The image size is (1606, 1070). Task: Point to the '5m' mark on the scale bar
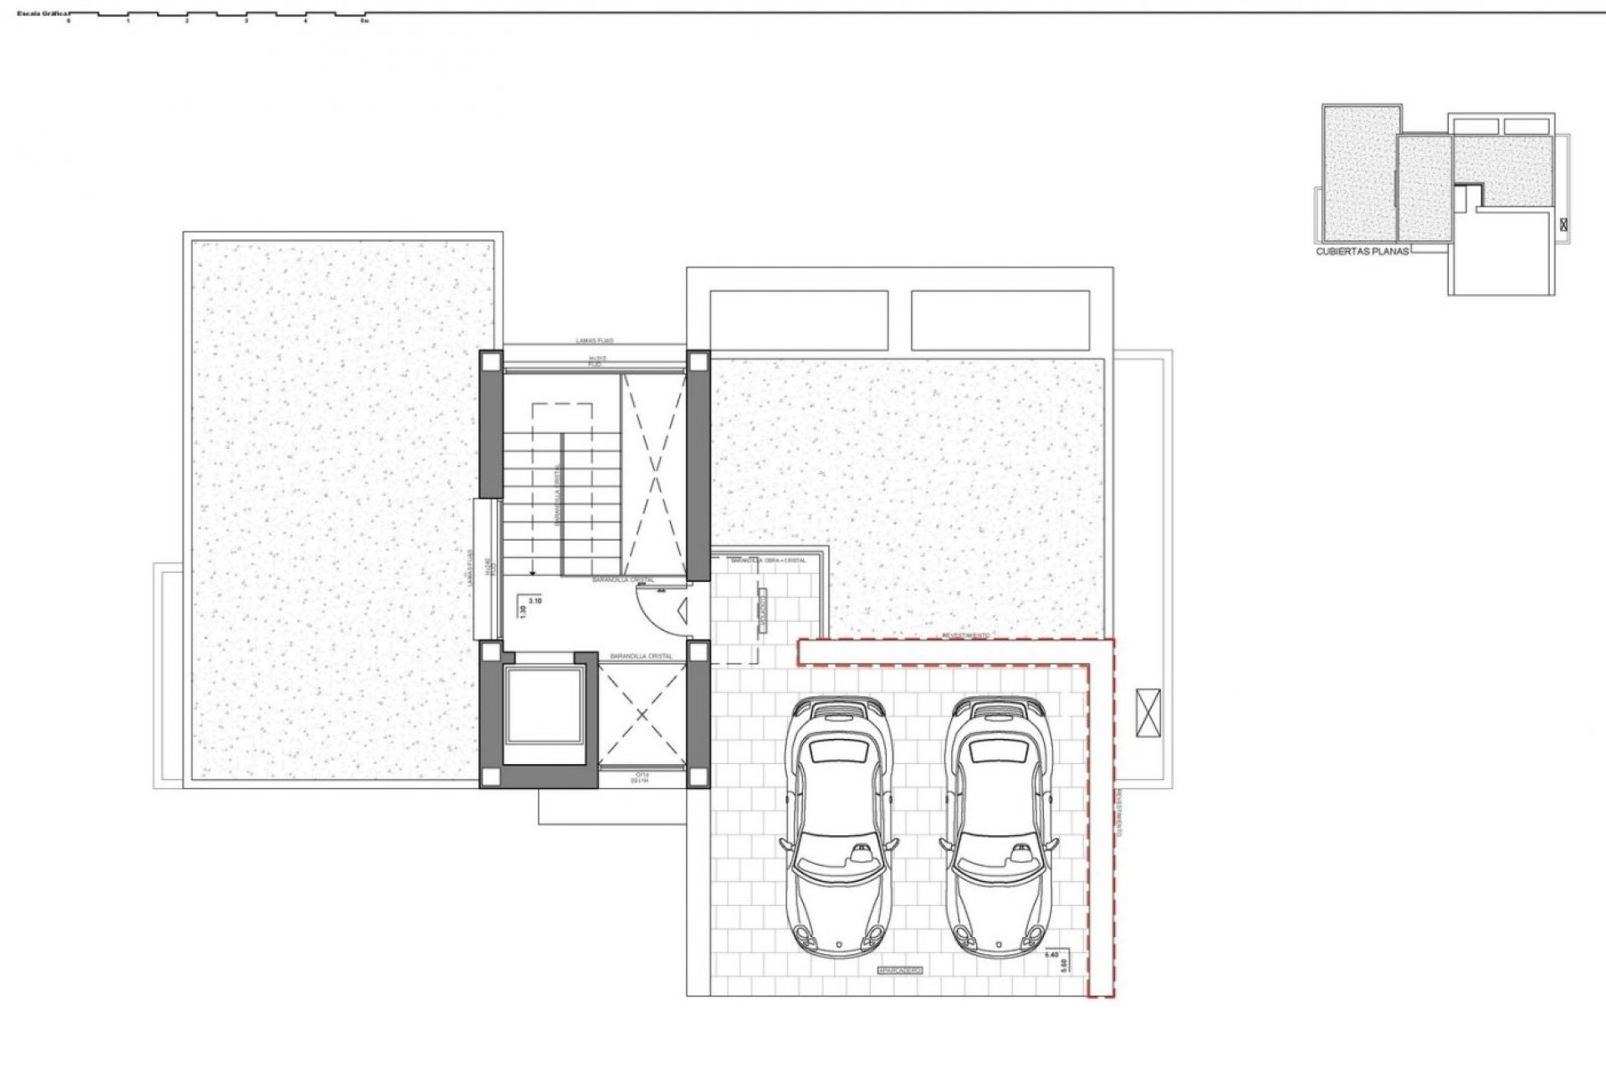tap(364, 21)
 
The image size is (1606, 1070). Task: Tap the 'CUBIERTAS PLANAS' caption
tap(1362, 251)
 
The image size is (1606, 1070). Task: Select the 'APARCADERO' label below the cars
tap(899, 971)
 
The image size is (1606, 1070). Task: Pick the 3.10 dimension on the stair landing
tap(536, 600)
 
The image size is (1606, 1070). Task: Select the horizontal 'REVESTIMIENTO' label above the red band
tap(966, 636)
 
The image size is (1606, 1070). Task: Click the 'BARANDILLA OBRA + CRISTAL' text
tap(768, 561)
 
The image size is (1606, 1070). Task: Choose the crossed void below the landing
tap(642, 714)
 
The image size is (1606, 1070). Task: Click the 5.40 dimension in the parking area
tap(1053, 953)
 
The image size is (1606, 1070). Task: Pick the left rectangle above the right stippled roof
tap(799, 320)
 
